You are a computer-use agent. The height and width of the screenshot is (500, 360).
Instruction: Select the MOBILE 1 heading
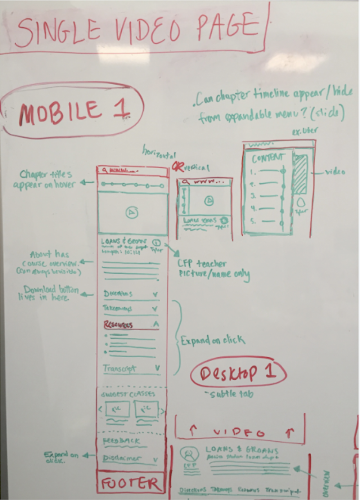(73, 111)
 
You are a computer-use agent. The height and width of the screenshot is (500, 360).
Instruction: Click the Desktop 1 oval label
(238, 373)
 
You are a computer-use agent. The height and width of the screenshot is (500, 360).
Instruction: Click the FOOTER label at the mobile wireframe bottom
(130, 484)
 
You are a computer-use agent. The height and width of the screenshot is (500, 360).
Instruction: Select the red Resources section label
(118, 325)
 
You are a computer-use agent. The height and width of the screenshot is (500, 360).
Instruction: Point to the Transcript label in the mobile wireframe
(120, 369)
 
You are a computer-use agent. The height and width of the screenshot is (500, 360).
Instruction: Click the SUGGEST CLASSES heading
(128, 394)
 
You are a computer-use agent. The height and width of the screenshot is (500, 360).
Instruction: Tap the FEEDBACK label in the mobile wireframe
(121, 441)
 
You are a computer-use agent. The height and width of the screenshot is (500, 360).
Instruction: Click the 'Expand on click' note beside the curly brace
(213, 340)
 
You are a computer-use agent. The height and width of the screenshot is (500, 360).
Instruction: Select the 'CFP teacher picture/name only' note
(213, 269)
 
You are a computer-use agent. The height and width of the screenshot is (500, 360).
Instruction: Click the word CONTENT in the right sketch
(268, 158)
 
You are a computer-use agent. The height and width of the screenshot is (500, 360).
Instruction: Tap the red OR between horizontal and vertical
(177, 166)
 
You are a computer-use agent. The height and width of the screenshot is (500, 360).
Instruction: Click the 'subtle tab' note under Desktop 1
(230, 394)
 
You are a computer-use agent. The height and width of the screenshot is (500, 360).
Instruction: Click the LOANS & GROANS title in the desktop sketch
(242, 450)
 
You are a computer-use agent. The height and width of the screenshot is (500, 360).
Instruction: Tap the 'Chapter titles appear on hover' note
(45, 179)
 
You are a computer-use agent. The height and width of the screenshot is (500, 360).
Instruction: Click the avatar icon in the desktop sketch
(189, 455)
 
